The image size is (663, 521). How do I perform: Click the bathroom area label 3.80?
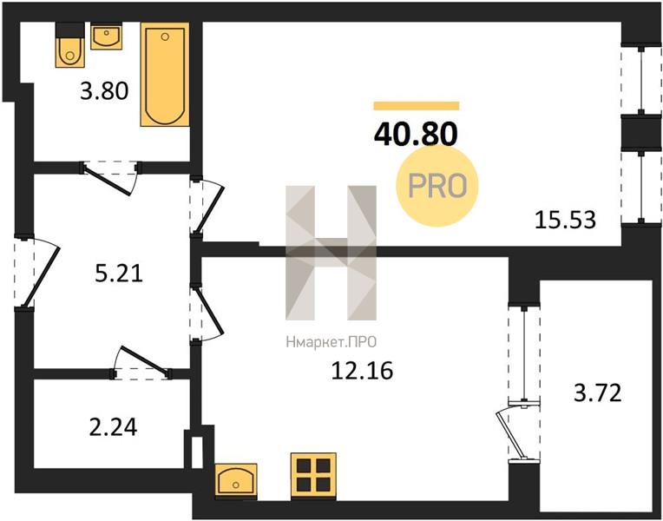[104, 91]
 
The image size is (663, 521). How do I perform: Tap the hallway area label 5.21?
[119, 274]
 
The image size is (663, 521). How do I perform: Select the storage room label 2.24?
[114, 427]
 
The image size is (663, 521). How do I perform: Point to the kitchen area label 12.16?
[362, 371]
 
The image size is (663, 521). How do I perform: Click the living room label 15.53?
[565, 221]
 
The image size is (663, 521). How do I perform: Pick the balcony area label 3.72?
[597, 392]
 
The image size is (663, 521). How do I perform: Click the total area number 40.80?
[416, 134]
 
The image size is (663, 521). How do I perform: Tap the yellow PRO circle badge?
[437, 186]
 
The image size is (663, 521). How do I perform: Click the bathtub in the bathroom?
[165, 75]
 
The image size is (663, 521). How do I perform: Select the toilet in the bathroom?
[70, 45]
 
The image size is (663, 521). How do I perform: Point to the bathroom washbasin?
[106, 37]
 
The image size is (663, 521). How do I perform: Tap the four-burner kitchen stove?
[314, 475]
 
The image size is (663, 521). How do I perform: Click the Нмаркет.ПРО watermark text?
[331, 342]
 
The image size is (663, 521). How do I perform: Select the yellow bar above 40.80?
[416, 106]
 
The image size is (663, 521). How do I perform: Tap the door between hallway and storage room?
[142, 362]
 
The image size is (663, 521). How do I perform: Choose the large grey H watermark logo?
[331, 253]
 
